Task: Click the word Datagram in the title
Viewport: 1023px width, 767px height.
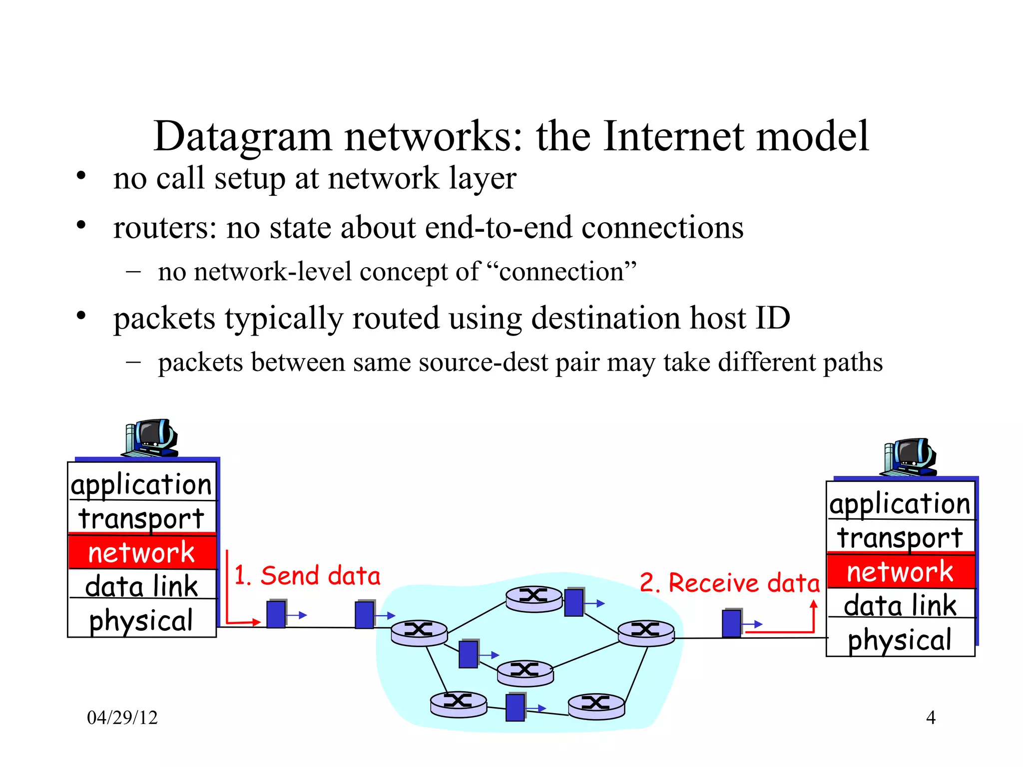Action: click(242, 136)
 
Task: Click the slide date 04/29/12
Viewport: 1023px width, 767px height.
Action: click(122, 718)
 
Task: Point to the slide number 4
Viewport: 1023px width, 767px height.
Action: click(931, 718)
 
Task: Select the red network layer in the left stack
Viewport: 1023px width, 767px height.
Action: click(142, 552)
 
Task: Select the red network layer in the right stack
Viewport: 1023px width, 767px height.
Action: click(901, 571)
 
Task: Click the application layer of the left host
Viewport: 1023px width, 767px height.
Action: click(142, 484)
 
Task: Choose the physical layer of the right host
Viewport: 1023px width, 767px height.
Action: click(900, 640)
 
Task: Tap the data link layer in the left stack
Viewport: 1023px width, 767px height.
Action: click(142, 586)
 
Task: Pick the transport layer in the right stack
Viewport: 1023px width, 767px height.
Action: click(900, 537)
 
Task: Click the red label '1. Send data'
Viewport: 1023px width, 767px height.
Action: click(307, 576)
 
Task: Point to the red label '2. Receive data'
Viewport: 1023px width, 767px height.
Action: click(730, 583)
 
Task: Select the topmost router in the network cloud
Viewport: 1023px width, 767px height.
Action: click(534, 598)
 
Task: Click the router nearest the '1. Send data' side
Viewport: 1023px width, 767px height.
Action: click(419, 632)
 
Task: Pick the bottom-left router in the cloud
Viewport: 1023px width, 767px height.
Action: click(459, 704)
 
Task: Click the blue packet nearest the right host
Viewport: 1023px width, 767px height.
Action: click(732, 623)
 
